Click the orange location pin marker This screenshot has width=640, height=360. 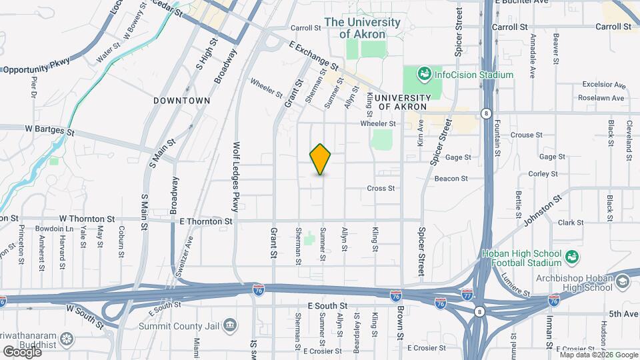(321, 159)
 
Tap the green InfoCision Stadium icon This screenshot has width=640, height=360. (423, 75)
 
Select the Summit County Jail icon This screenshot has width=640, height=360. (230, 326)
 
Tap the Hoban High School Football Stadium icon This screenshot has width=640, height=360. (571, 257)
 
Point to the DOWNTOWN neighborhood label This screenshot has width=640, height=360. (181, 101)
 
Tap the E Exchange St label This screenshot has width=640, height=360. (314, 56)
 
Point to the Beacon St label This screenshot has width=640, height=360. (451, 179)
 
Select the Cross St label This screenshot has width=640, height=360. (381, 189)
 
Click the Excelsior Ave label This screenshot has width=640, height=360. (603, 85)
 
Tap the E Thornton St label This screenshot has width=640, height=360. (205, 221)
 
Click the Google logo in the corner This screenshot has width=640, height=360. (21, 351)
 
